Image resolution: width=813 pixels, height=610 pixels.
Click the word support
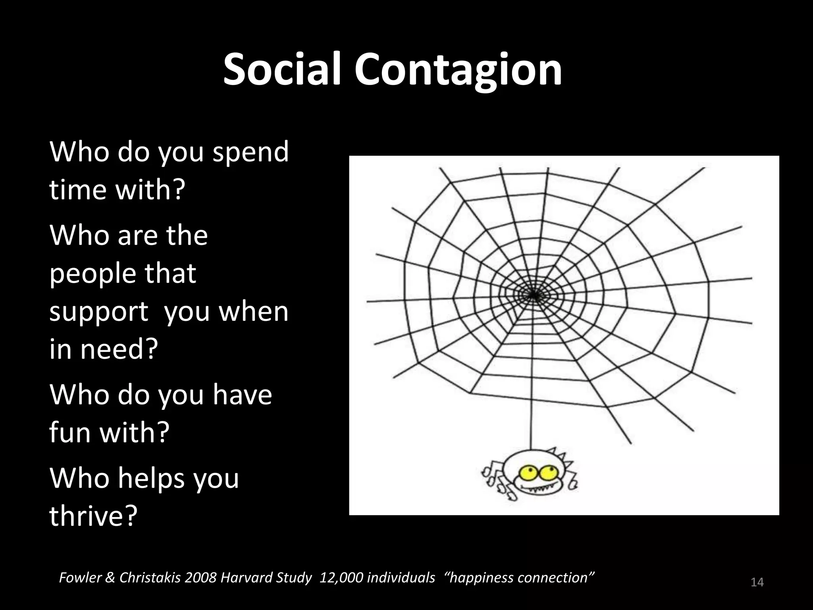tap(99, 311)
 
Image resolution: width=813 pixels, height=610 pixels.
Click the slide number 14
tap(757, 583)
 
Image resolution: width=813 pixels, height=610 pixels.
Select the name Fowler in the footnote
tap(79, 577)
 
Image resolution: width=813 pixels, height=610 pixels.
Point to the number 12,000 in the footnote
tap(341, 577)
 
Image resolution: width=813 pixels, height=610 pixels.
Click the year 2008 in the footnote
tap(201, 577)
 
